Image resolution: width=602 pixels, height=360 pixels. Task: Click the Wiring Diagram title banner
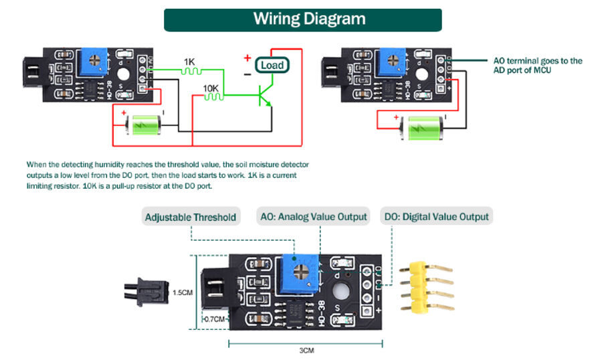[x=302, y=19]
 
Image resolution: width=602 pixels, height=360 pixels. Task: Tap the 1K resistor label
[x=190, y=61]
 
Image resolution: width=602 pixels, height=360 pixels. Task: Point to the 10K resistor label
[x=210, y=88]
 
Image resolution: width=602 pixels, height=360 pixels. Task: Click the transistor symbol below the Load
[x=264, y=96]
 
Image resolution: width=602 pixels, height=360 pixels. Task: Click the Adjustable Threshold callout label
[x=191, y=217]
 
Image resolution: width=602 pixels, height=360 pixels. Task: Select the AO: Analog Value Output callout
[x=314, y=217]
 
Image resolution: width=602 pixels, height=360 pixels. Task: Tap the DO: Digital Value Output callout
[x=436, y=217]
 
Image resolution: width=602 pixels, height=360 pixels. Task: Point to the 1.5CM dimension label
[x=183, y=292]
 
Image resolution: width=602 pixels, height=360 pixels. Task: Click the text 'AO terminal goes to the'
[x=538, y=61]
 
